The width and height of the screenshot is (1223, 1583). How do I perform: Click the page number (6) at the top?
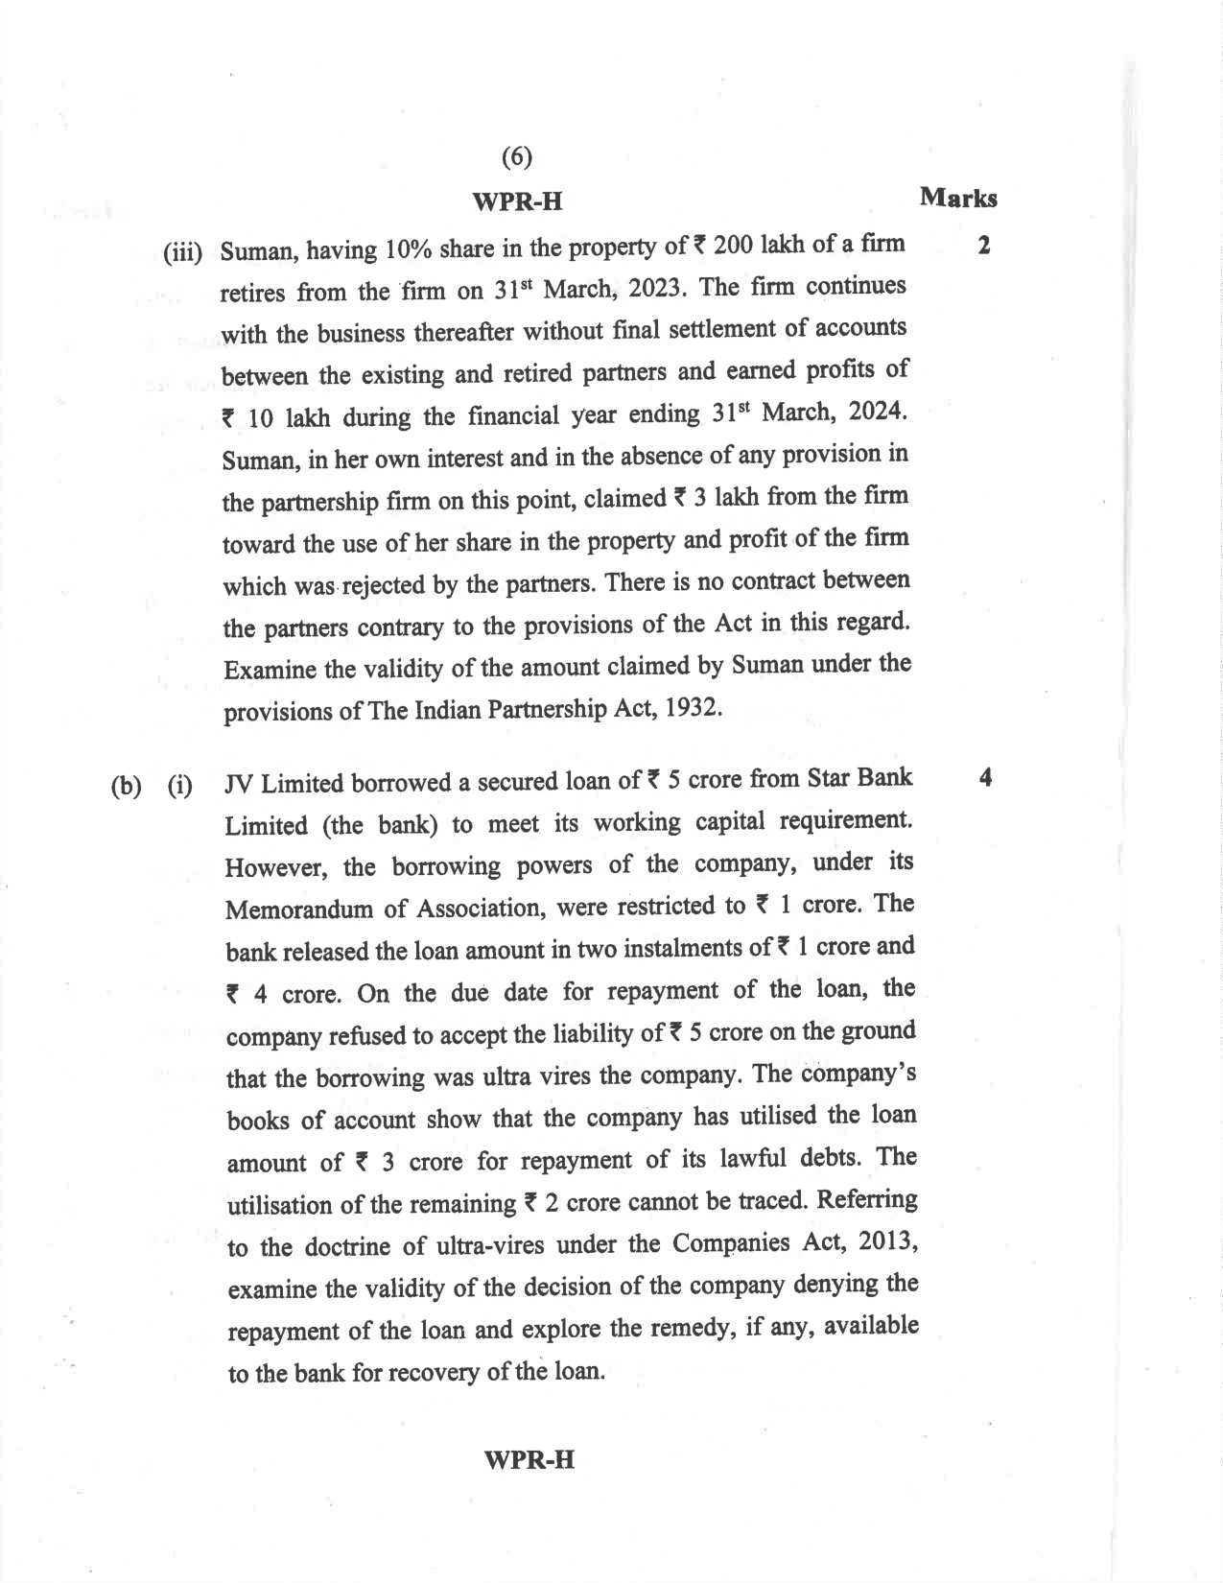point(516,156)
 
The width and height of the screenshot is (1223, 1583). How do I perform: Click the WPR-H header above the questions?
point(517,202)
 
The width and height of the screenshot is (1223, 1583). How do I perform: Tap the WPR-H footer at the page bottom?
point(529,1459)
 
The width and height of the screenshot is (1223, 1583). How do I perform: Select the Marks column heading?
point(957,199)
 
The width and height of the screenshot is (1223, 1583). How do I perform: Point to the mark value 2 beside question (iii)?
point(983,246)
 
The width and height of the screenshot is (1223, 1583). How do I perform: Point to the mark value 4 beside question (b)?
point(985,777)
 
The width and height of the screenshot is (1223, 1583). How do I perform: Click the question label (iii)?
point(183,253)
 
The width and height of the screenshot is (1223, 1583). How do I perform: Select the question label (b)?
point(126,787)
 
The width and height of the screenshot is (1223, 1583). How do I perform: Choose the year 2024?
point(873,412)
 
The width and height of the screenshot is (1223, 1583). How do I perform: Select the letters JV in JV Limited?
point(239,784)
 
